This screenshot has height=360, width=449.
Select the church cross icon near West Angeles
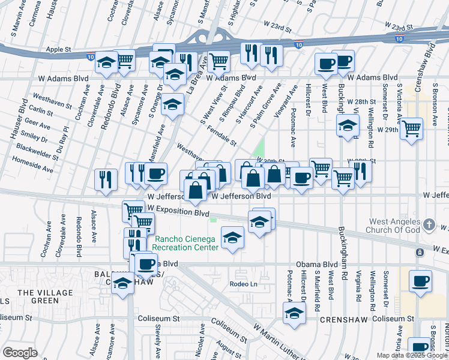(x=429, y=224)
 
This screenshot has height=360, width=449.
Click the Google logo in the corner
(x=20, y=353)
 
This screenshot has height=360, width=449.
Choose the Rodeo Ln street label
(x=243, y=284)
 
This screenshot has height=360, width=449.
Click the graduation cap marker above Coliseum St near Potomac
(x=294, y=313)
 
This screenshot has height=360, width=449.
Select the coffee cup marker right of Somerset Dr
(x=420, y=280)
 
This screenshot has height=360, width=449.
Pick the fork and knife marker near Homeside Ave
(x=106, y=179)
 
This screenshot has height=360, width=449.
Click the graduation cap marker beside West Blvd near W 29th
(x=347, y=126)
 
